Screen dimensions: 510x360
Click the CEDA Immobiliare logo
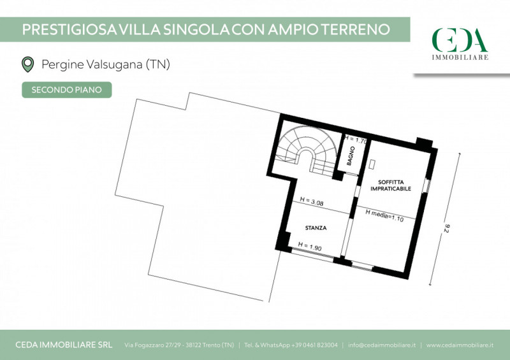[x=460, y=43]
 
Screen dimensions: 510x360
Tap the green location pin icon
[x=28, y=64]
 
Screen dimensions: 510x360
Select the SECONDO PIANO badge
[x=67, y=90]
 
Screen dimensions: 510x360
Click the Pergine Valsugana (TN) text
[x=106, y=64]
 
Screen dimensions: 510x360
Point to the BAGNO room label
[x=351, y=155]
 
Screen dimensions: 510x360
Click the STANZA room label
[x=316, y=228]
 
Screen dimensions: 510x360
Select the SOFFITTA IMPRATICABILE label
[x=391, y=185]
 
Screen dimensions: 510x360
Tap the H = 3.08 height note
[x=312, y=201]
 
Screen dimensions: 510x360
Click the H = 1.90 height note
[x=310, y=246]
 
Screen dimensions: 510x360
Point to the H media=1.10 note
[x=384, y=215]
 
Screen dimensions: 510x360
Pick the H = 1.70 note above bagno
[x=356, y=140]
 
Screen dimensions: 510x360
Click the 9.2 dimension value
[x=446, y=228]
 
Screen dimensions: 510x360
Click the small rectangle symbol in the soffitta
[x=372, y=164]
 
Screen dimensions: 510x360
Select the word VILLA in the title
[x=140, y=29]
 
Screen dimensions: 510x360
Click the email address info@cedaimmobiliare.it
[x=382, y=345]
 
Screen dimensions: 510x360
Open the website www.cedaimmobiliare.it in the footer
[x=460, y=345]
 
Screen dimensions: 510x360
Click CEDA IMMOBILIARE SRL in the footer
[x=64, y=345]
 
